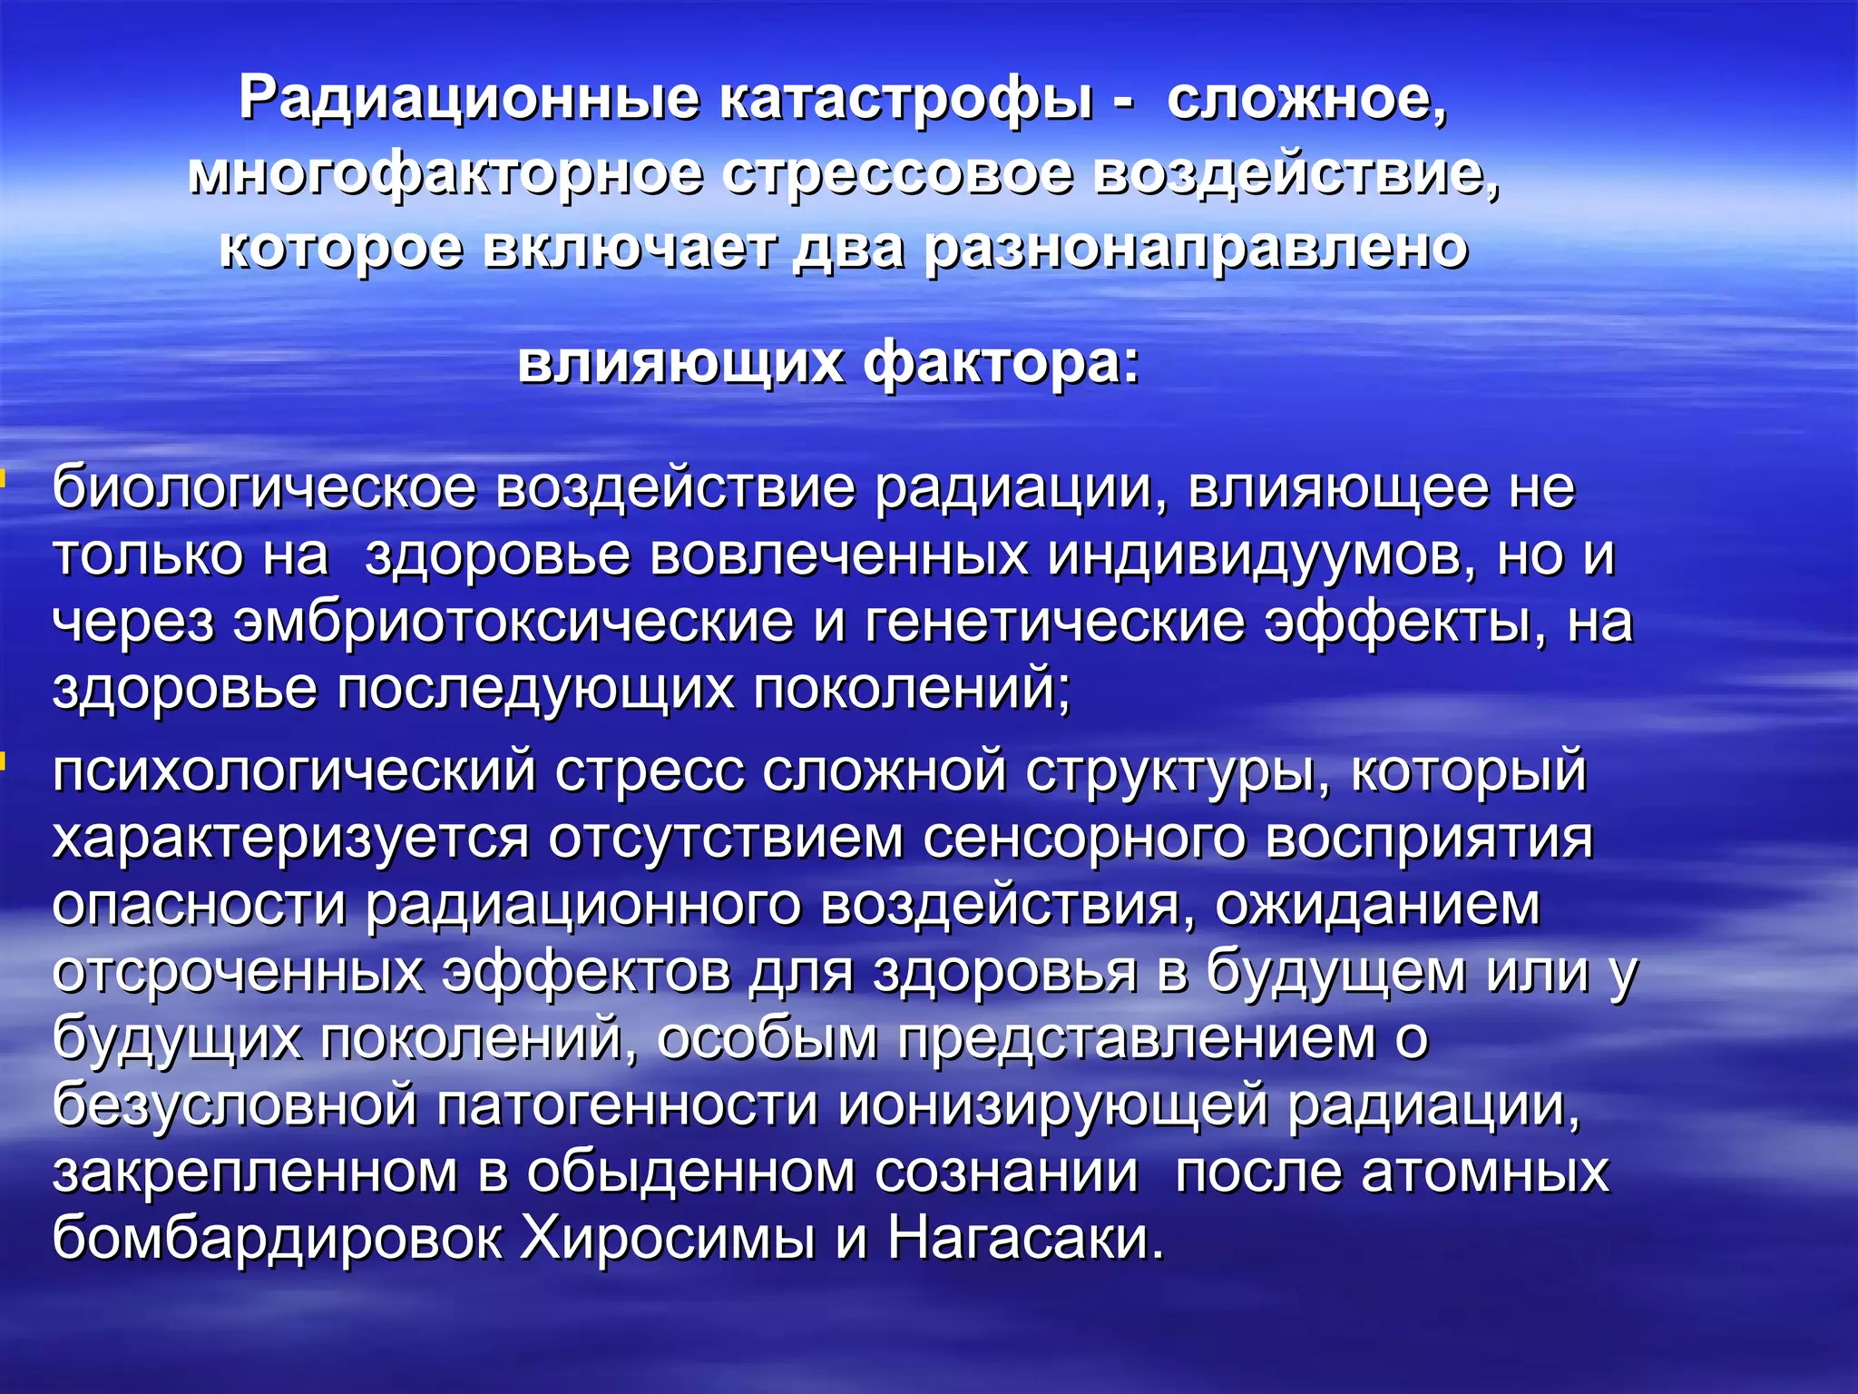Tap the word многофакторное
(445, 173)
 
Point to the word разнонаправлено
(1195, 248)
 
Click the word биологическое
(264, 488)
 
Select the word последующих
(535, 689)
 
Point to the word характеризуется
(290, 839)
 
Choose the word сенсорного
(1084, 839)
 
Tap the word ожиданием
(1377, 906)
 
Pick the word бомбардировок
(277, 1238)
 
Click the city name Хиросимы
(668, 1238)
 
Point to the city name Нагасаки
(1025, 1238)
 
